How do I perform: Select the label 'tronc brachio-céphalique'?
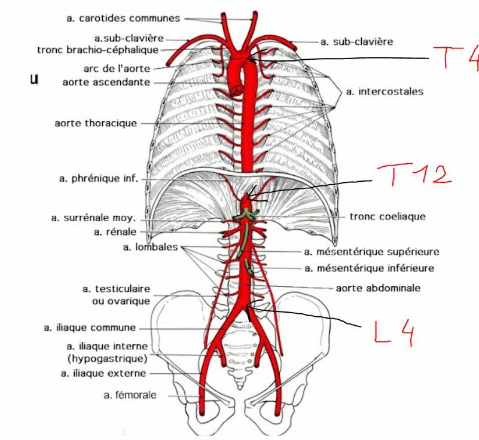[x=106, y=50]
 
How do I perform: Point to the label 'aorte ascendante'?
[x=106, y=82]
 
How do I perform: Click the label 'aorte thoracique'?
[x=96, y=123]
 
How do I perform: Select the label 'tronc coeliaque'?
[x=388, y=216]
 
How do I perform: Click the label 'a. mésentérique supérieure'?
[x=372, y=252]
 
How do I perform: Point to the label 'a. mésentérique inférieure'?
[x=370, y=268]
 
